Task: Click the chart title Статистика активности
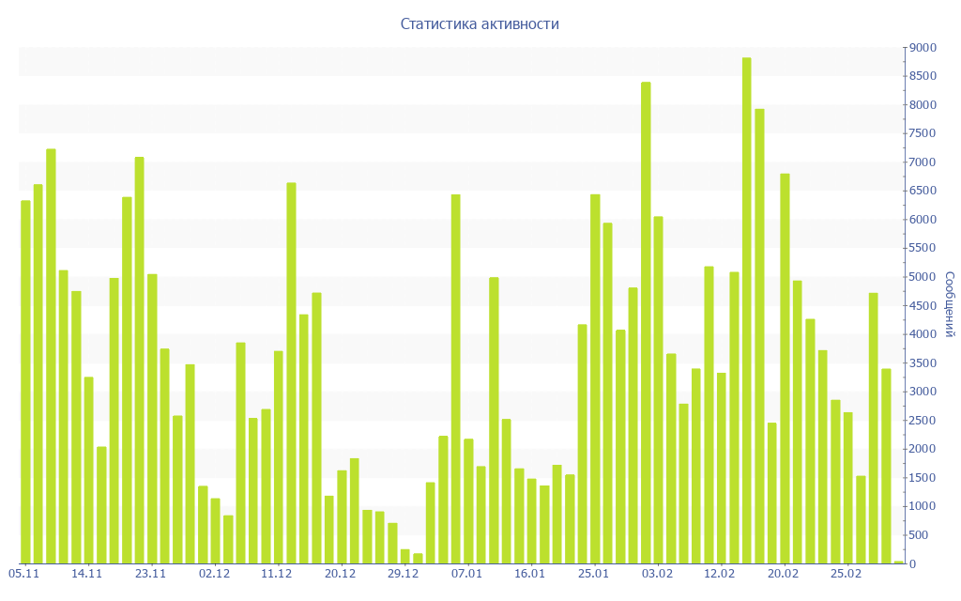(480, 24)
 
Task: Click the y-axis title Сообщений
(949, 304)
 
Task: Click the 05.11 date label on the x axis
(23, 574)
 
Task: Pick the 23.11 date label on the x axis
(150, 574)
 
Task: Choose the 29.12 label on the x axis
(404, 574)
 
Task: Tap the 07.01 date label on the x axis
(466, 574)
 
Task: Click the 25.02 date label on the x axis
(847, 574)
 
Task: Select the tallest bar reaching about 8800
(747, 310)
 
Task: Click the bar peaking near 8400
(646, 322)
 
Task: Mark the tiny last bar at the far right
(899, 562)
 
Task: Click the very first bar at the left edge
(25, 381)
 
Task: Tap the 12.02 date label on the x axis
(720, 574)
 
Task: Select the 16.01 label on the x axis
(530, 574)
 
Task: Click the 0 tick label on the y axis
(912, 564)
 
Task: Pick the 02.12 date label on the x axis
(214, 574)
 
